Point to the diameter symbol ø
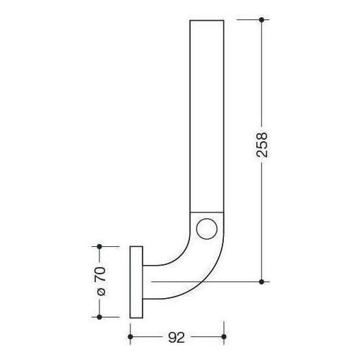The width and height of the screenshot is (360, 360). pos(100,292)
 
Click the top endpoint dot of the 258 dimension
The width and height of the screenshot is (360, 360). pos(261,19)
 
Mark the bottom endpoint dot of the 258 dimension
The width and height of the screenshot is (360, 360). pos(261,281)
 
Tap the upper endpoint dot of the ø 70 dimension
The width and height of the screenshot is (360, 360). pos(100,246)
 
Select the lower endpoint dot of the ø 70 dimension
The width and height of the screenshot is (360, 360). pos(100,315)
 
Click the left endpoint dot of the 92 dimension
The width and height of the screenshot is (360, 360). pos(130,336)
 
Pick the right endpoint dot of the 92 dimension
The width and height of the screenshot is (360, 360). pos(225,336)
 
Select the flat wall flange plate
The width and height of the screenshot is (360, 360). pos(136,281)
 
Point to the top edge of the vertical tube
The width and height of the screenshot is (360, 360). pos(207,20)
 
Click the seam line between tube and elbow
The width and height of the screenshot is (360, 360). pos(207,210)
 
